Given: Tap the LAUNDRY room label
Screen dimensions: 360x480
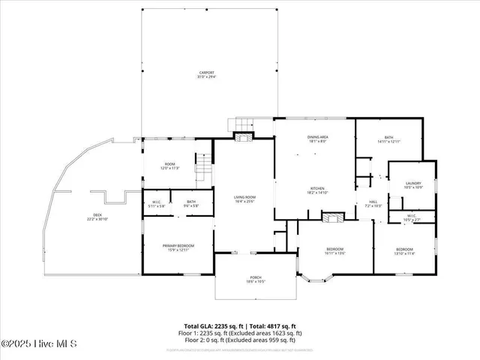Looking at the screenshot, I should click(412, 184).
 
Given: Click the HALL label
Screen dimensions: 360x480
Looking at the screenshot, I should click(372, 202).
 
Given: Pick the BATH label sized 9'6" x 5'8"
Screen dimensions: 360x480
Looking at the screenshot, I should click(192, 203).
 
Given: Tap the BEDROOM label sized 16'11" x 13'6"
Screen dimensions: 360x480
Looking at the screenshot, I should click(334, 250).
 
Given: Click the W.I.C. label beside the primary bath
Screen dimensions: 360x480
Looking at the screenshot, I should click(157, 203).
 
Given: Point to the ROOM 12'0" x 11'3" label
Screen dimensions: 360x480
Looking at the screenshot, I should click(170, 166).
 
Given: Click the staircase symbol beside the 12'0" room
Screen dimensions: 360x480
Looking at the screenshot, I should click(202, 162).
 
